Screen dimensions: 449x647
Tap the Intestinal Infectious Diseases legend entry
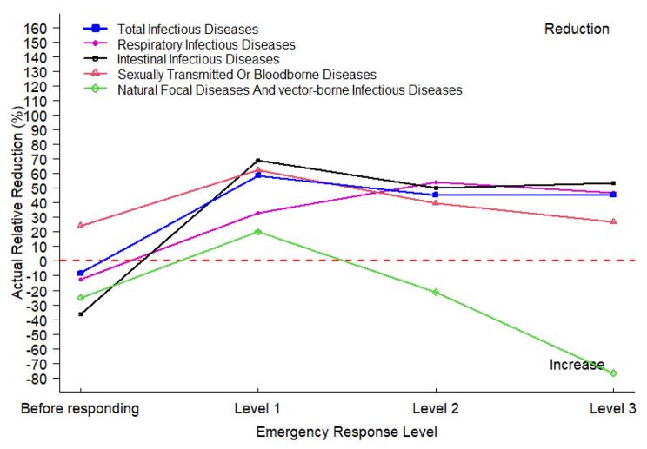[198, 59]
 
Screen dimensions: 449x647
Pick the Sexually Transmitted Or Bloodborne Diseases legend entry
[246, 75]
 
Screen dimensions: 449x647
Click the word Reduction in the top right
[577, 30]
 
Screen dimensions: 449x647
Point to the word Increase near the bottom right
[576, 365]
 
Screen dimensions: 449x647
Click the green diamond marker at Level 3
[613, 373]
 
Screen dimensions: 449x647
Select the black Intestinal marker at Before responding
[81, 314]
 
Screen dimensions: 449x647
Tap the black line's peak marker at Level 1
[258, 161]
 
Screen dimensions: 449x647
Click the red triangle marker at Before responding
[81, 225]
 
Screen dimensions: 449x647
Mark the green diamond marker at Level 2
[436, 292]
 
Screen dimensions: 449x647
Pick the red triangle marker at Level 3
[613, 221]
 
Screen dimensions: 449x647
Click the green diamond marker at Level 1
[258, 232]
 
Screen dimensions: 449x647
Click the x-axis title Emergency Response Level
[346, 431]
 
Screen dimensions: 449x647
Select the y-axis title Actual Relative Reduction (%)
[17, 204]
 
